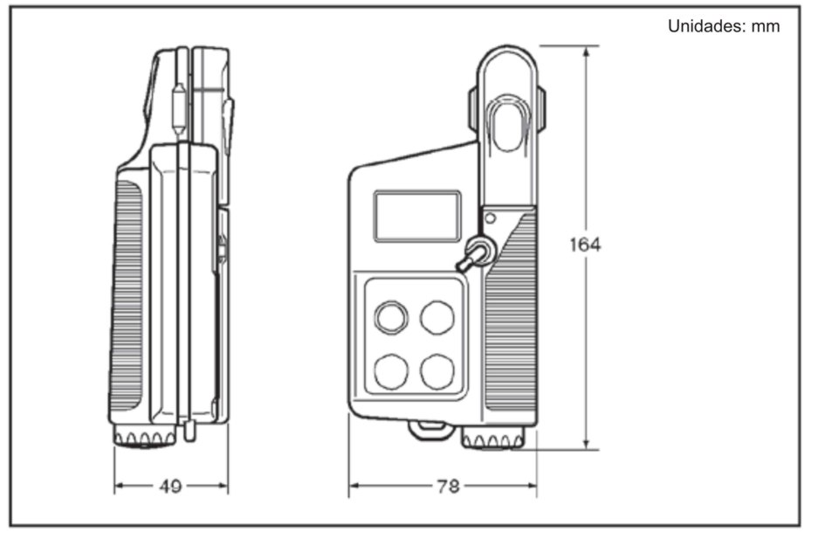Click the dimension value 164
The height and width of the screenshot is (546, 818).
tap(585, 245)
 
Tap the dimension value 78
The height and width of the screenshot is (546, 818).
tap(448, 486)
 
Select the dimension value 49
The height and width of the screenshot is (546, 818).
tap(171, 486)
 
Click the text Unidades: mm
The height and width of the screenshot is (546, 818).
tap(723, 26)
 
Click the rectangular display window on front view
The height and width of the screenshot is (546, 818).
tap(417, 216)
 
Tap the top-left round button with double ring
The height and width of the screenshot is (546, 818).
tap(390, 316)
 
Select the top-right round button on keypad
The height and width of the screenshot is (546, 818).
tap(436, 316)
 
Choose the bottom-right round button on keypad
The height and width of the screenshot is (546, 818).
tap(436, 370)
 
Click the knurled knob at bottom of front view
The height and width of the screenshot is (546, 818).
tap(493, 439)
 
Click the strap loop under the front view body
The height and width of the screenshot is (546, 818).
tap(429, 427)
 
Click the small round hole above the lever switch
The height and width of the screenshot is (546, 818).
tap(491, 218)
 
